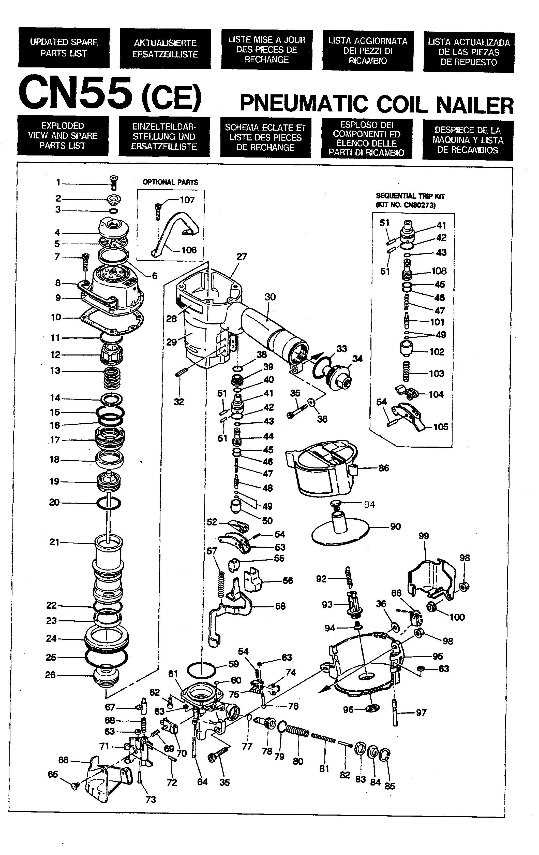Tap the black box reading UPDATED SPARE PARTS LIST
tap(64, 48)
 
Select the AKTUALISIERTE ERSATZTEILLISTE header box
tap(165, 49)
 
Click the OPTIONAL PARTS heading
tap(170, 182)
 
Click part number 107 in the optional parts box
tap(187, 200)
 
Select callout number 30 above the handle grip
tap(270, 297)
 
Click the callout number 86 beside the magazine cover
tap(384, 468)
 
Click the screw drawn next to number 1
tap(114, 183)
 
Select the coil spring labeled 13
tap(112, 378)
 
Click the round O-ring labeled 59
tap(201, 670)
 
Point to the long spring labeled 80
tap(297, 731)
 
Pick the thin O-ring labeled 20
tap(109, 503)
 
